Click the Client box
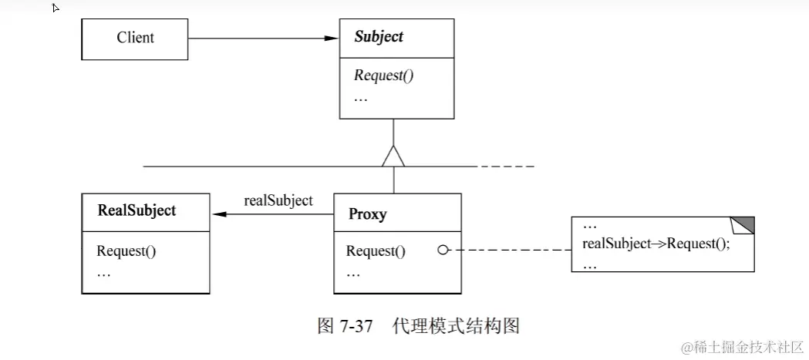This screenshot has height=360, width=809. tap(135, 38)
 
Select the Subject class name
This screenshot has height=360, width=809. tap(378, 37)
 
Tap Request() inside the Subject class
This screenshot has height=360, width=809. tap(379, 76)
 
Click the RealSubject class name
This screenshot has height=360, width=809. tap(137, 210)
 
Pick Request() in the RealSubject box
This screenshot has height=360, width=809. tap(127, 251)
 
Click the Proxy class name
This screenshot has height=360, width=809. tap(366, 215)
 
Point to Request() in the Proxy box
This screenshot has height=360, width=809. tap(376, 251)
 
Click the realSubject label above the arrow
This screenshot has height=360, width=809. tap(278, 200)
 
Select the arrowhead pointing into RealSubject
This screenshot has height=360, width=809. tap(218, 215)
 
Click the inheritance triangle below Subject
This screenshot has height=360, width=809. tap(394, 156)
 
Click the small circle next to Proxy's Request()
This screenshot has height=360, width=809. tap(443, 250)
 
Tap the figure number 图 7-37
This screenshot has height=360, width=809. tap(346, 325)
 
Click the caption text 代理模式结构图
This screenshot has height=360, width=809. tap(456, 325)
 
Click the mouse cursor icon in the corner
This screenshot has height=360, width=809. tap(56, 8)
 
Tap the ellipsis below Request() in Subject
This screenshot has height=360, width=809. tap(360, 97)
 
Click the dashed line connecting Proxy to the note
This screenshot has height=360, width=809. tap(509, 250)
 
